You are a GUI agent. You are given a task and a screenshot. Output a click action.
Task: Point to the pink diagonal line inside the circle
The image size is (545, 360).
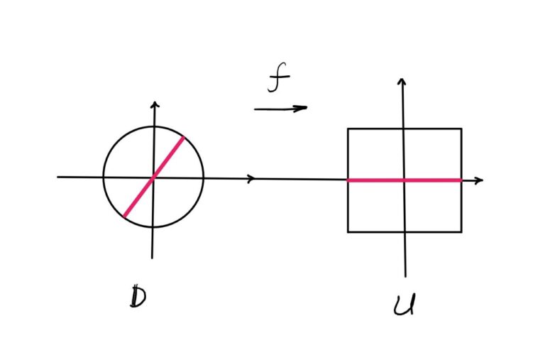[154, 176]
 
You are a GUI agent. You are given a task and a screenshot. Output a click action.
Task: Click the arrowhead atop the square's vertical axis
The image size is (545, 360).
[402, 82]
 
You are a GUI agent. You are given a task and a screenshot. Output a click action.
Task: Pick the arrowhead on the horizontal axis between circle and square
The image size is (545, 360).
[251, 179]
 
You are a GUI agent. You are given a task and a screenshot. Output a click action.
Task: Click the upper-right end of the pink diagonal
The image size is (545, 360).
[183, 138]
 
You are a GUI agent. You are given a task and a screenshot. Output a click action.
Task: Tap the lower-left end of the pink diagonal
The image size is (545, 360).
[125, 215]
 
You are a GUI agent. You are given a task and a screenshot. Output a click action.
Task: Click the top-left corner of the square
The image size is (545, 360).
[348, 129]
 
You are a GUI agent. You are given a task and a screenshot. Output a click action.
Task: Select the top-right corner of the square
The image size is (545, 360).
[461, 129]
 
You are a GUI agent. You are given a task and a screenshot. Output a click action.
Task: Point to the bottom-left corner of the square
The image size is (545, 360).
[348, 231]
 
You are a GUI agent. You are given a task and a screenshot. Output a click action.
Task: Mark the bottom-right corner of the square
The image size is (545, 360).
[461, 231]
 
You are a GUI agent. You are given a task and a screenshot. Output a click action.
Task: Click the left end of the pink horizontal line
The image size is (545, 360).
[348, 180]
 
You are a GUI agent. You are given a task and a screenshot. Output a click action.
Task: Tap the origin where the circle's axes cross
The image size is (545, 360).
[153, 177]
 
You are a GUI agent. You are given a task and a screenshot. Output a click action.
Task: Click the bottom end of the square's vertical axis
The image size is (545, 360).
[405, 276]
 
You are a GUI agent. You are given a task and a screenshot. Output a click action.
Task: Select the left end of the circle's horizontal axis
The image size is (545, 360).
[58, 176]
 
